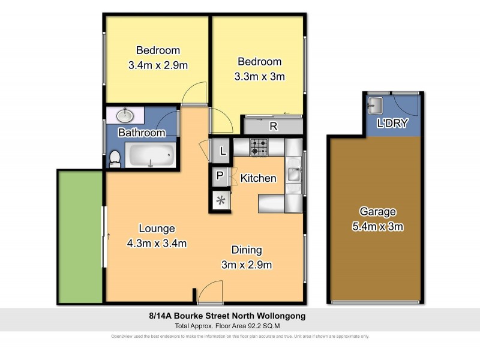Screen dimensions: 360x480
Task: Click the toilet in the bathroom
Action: pyautogui.click(x=114, y=158)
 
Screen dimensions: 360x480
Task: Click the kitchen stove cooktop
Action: pyautogui.click(x=259, y=146)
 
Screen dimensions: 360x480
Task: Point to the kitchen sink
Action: pyautogui.click(x=294, y=175)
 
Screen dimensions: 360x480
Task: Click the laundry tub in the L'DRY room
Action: pyautogui.click(x=375, y=106)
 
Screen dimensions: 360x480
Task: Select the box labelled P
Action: pyautogui.click(x=220, y=176)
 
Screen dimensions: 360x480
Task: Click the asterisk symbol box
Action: pyautogui.click(x=220, y=200)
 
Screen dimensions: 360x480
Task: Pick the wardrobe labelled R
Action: pyautogui.click(x=273, y=126)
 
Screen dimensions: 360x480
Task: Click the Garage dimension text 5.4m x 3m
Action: pyautogui.click(x=377, y=226)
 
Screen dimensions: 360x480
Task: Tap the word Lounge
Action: pyautogui.click(x=157, y=228)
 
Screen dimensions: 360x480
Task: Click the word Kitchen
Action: pyautogui.click(x=258, y=178)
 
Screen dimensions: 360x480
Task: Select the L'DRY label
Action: pyautogui.click(x=392, y=124)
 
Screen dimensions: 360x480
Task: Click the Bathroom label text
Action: pyautogui.click(x=141, y=133)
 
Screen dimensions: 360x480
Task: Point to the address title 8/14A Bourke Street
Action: pyautogui.click(x=239, y=316)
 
